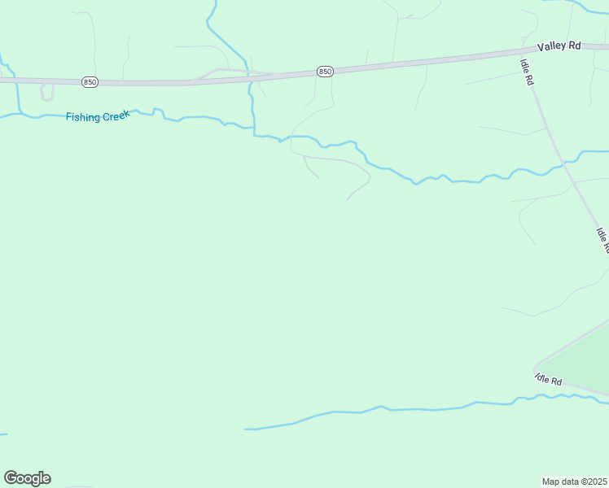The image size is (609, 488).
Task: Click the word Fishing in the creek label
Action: click(83, 117)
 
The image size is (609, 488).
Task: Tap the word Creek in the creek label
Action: click(116, 115)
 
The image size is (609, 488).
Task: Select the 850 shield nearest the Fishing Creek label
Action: click(90, 82)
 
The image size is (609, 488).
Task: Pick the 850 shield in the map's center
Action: click(325, 72)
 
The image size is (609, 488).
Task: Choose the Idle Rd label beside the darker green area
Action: click(549, 379)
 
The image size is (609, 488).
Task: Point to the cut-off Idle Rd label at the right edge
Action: click(602, 240)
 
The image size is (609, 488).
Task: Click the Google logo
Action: click(27, 477)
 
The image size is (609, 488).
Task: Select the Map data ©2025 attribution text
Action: click(575, 481)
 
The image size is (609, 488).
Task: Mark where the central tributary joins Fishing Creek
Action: click(255, 134)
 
